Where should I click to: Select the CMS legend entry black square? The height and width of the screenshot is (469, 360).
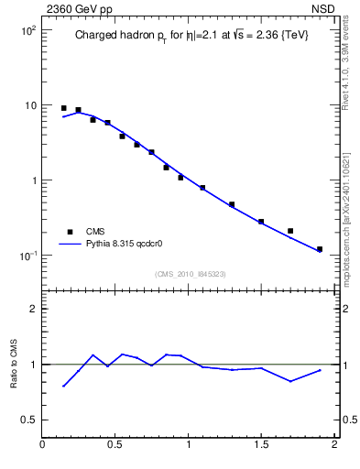[69, 232]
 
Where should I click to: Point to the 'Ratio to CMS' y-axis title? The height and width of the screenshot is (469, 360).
[13, 364]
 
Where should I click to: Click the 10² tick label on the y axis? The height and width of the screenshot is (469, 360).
[27, 30]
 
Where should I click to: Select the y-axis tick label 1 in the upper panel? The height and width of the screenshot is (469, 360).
[33, 180]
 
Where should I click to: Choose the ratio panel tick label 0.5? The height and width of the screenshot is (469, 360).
[27, 420]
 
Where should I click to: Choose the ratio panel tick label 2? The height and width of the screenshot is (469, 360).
[33, 309]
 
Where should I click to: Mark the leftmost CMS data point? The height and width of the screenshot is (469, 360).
[64, 108]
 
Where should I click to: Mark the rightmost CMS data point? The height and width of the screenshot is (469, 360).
[320, 249]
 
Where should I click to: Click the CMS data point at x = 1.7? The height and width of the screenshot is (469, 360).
[290, 231]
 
